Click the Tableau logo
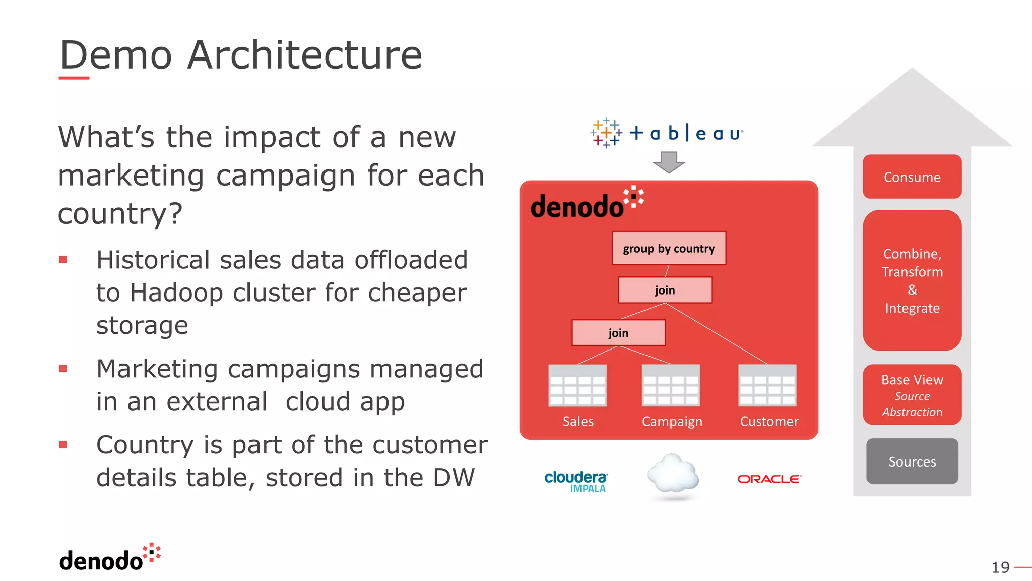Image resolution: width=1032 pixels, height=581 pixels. [x=667, y=133]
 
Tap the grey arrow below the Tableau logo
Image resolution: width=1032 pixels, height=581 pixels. [x=669, y=162]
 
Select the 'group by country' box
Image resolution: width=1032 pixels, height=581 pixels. [x=669, y=248]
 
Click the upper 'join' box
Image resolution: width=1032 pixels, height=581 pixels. [x=665, y=290]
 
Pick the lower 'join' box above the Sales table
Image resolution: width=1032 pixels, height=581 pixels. [x=618, y=333]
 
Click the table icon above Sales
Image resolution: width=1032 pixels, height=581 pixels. [x=577, y=386]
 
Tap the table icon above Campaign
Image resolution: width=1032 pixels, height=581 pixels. [x=671, y=386]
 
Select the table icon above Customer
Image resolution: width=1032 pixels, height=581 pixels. [x=767, y=386]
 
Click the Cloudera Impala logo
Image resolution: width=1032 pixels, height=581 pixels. [x=576, y=481]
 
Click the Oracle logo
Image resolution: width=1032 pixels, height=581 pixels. [x=769, y=479]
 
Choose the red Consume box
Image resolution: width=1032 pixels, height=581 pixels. [x=912, y=177]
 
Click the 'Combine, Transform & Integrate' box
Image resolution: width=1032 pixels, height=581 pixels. [x=912, y=280]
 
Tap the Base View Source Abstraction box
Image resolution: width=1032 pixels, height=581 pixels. [x=912, y=395]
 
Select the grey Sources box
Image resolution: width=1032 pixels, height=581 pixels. [x=912, y=461]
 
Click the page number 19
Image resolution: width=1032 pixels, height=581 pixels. [x=1000, y=567]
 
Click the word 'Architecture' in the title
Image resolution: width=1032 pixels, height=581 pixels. [x=304, y=55]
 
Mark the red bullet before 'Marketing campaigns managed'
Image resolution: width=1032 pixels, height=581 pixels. [x=63, y=369]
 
